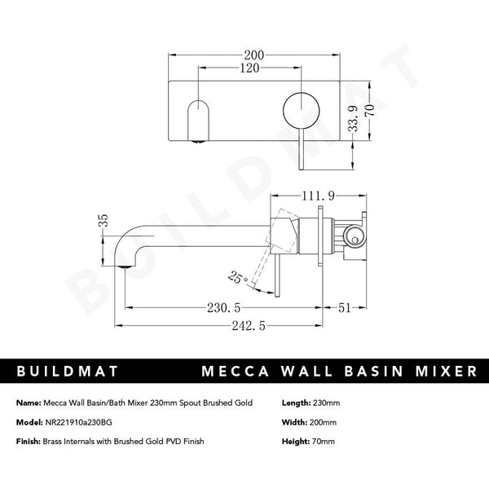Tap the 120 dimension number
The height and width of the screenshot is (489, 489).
tap(249, 68)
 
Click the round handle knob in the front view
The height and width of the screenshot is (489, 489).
tap(297, 108)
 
